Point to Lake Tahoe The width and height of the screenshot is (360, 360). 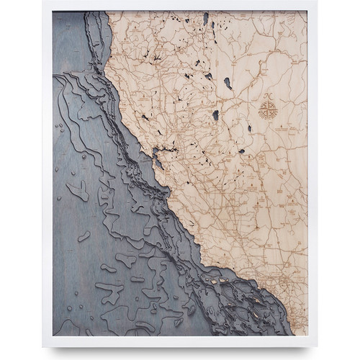click(x=215, y=114)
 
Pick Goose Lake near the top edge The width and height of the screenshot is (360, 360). click(x=206, y=17)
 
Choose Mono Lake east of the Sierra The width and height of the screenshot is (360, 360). click(x=242, y=150)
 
